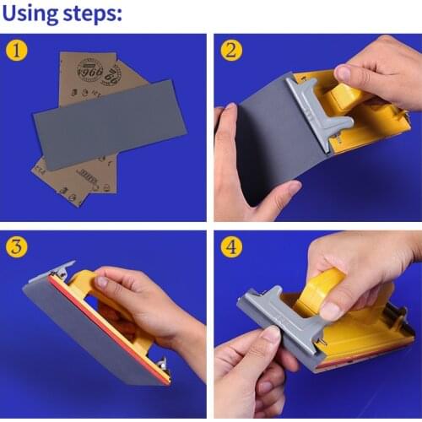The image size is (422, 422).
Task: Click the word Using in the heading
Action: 32,14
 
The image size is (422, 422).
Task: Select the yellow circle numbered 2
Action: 231,51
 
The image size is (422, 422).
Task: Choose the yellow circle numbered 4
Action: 231,247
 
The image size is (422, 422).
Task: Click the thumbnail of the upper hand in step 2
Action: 344,73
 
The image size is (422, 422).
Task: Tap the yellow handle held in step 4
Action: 321,287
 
